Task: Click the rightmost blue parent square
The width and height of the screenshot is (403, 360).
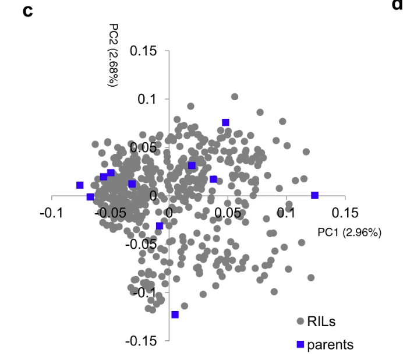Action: point(315,195)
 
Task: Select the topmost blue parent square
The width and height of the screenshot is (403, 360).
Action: point(225,122)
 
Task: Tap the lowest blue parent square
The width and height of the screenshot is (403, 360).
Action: point(175,315)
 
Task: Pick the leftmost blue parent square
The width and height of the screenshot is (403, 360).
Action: point(80,185)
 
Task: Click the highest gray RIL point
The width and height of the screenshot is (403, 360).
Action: point(235,97)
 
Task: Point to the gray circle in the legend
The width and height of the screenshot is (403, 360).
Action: point(301,321)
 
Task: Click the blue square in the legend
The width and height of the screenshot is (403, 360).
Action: point(301,344)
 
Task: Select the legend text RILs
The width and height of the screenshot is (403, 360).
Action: point(321,321)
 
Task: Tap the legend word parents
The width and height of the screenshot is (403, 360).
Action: point(330,344)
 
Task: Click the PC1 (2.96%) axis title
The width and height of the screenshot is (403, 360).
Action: point(349,232)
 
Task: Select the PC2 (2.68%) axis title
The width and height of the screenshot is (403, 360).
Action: point(114,55)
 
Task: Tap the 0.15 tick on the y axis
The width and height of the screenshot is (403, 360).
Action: point(143,51)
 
